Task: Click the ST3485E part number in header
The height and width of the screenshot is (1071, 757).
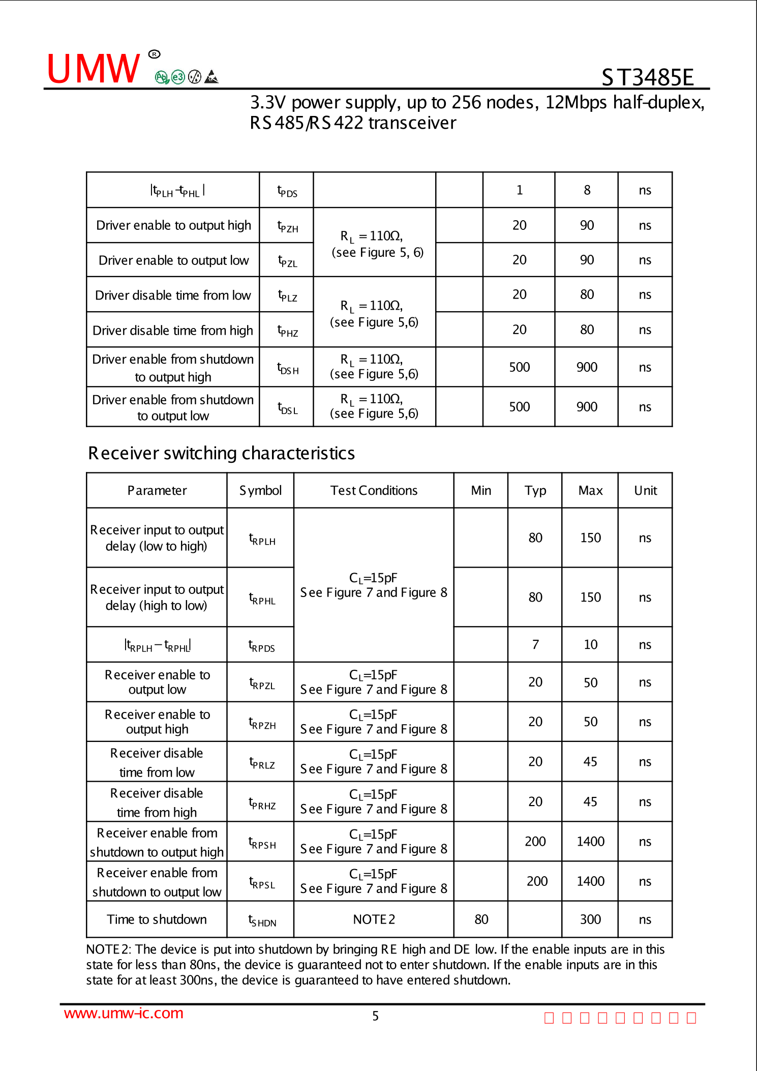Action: point(647,77)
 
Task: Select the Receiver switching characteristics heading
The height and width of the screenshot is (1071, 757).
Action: point(221,453)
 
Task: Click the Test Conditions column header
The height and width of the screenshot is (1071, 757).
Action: point(374,490)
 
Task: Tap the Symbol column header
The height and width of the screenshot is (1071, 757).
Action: point(260,490)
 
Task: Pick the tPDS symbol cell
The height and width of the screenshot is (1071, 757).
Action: point(287,191)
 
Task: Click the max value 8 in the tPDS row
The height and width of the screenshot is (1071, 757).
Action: point(587,190)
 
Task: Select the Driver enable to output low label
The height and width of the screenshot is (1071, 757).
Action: point(173,260)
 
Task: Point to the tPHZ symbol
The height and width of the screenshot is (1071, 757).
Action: point(288,331)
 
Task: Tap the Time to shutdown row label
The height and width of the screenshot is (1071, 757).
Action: point(157,919)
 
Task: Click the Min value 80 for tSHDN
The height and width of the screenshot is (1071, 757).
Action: point(481,919)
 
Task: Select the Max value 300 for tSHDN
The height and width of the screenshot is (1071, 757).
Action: point(590,919)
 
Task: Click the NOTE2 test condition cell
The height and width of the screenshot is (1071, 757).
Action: point(374,919)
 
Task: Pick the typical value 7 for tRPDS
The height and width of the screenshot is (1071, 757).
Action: point(535,645)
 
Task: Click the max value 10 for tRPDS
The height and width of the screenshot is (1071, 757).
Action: point(590,645)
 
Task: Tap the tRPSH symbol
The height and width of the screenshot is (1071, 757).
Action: point(262,843)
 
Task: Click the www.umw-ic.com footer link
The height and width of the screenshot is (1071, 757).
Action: point(124,1013)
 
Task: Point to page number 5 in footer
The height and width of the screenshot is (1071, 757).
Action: point(375,1016)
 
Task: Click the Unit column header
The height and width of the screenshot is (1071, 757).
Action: point(645,490)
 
